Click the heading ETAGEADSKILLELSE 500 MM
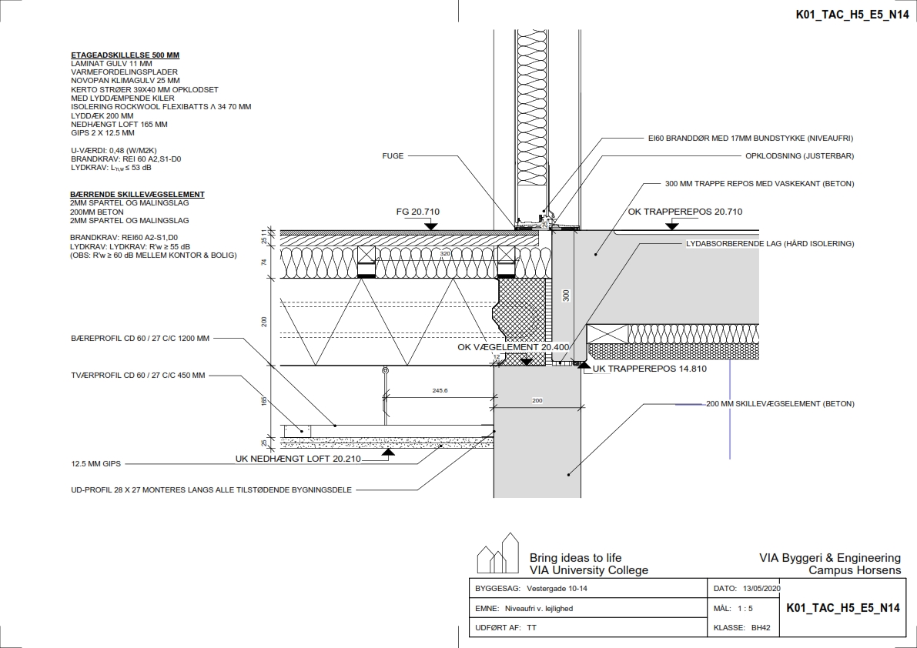tap(125, 55)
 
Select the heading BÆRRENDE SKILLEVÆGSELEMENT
tap(137, 195)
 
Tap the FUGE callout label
tap(393, 155)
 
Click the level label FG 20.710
tap(418, 212)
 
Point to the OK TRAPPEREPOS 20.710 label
tap(684, 212)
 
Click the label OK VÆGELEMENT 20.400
tap(514, 347)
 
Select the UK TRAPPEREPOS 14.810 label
tap(648, 369)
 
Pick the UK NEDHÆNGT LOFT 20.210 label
tap(298, 459)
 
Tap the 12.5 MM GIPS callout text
tap(96, 464)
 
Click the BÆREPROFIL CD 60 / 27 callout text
tap(139, 338)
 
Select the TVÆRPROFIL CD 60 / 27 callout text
tap(137, 376)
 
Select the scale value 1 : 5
tap(745, 608)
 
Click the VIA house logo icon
tap(497, 554)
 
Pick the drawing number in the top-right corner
tap(846, 14)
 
